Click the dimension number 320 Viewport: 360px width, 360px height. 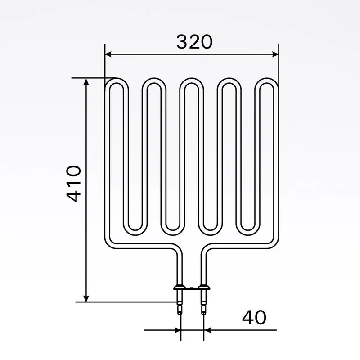pos(194,42)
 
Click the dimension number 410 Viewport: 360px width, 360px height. pos(73,184)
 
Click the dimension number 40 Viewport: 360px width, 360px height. pos(254,317)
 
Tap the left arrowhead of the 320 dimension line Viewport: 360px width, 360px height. pos(108,54)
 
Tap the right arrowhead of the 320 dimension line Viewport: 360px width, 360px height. pos(275,54)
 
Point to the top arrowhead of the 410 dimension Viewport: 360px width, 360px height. pos(86,82)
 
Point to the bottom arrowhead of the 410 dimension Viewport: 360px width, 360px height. pos(86,298)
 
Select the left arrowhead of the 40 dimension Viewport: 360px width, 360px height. pos(178,330)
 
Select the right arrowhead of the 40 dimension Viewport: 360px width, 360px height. pos(207,330)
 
